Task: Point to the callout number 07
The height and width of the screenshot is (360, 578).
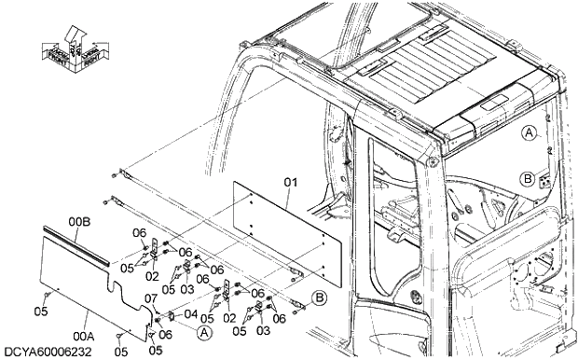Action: point(149,298)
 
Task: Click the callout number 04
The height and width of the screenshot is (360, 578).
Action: point(190,314)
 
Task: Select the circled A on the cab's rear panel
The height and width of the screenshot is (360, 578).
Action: point(528,132)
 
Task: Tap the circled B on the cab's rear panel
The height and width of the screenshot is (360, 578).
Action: point(528,178)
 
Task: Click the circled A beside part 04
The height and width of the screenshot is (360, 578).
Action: point(205,330)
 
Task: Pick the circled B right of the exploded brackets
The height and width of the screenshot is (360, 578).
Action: point(319,298)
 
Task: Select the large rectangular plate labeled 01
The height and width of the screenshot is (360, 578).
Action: point(280,233)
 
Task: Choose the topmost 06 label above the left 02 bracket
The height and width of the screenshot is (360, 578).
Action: point(139,233)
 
